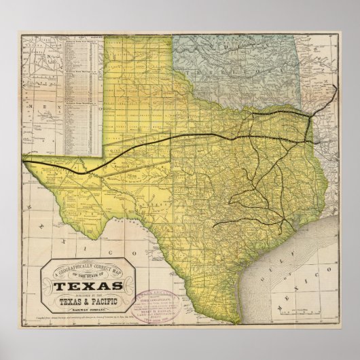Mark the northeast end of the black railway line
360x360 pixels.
coord(336,88)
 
